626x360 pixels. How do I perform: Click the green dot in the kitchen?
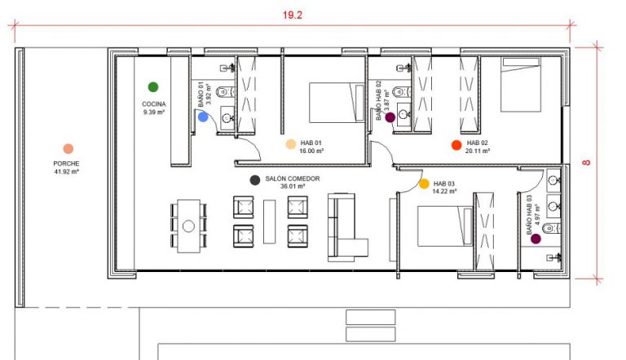point(153,86)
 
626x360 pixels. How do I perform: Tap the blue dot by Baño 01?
point(203,117)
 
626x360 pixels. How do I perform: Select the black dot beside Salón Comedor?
point(254,180)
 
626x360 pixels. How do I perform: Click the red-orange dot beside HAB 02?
point(456,145)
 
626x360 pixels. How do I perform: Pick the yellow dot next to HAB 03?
point(424,183)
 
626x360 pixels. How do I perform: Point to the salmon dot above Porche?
point(68,149)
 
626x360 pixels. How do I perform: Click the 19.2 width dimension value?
point(293,15)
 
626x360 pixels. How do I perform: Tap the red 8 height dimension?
point(586,162)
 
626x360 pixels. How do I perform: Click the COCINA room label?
point(154,104)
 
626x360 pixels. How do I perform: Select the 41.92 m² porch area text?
point(67,172)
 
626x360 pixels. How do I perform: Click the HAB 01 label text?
point(311,143)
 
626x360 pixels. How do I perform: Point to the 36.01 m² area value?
point(293,187)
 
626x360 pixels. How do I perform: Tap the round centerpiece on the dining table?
point(188,226)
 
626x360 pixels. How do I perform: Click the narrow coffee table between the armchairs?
point(270,222)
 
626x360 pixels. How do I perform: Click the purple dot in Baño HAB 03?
point(536,239)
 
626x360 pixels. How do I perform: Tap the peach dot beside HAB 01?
point(291,144)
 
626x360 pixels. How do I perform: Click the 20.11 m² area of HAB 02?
point(478,151)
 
